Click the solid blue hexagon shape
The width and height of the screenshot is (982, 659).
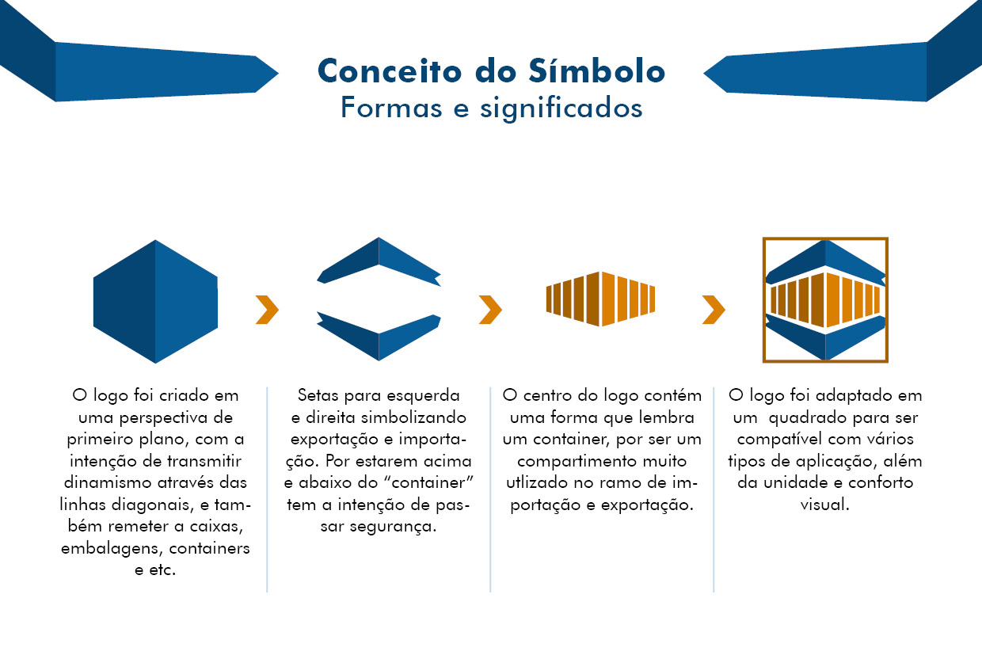[x=155, y=302]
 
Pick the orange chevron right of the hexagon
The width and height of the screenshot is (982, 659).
[x=267, y=310]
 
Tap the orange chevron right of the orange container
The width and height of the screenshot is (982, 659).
[x=714, y=310]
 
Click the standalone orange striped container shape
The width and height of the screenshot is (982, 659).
[x=601, y=299]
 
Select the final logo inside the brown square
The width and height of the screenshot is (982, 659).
[x=825, y=299]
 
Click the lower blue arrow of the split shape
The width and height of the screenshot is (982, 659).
[x=379, y=335]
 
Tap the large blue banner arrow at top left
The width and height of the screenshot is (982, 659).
[x=143, y=70]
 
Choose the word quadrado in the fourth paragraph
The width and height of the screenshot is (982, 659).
[x=805, y=417]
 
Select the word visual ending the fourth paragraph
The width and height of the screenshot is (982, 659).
[x=824, y=504]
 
